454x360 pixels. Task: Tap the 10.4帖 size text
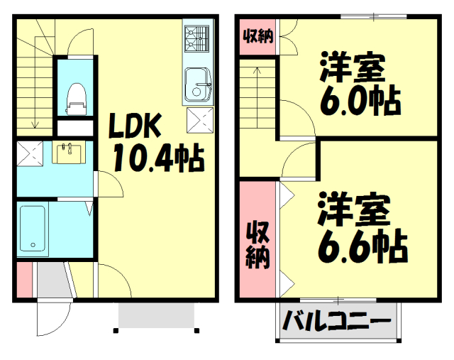157,158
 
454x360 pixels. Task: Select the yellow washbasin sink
69,152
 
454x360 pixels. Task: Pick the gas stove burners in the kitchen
197,39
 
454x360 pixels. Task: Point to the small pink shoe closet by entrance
23,280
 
